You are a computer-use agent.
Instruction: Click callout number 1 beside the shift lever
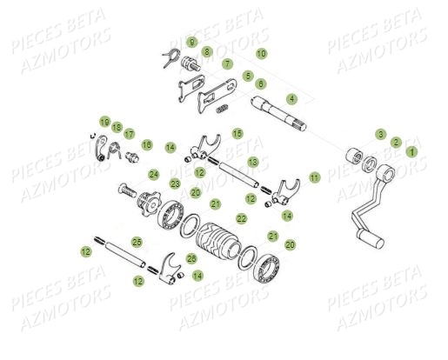pos(412,150)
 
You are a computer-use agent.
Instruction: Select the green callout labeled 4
pos(292,98)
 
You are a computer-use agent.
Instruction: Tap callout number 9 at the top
pos(192,42)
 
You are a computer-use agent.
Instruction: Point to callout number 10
pos(262,54)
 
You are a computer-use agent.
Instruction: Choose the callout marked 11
pos(315,177)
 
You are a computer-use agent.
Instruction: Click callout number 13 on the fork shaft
pos(252,162)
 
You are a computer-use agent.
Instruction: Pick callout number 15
pos(237,134)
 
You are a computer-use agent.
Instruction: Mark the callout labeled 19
pos(104,122)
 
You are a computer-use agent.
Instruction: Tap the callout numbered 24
pos(153,174)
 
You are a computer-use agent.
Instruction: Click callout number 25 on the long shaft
pos(136,241)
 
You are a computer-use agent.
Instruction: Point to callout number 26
pos(192,258)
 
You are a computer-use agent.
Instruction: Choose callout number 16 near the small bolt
pos(147,144)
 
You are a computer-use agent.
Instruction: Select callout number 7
pos(227,63)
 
